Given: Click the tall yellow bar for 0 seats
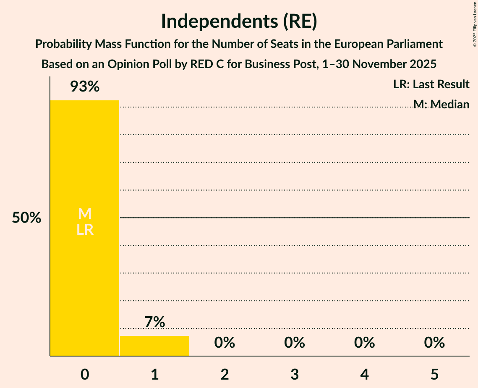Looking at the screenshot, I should (85, 273).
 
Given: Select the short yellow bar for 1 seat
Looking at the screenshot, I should (154, 346).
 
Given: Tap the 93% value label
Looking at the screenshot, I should (85, 87).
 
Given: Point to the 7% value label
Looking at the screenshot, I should (154, 322).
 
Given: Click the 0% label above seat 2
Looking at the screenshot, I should (225, 343).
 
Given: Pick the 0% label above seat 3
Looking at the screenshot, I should (295, 343).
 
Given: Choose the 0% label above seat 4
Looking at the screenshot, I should (364, 343).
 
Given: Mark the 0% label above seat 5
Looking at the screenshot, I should (434, 343).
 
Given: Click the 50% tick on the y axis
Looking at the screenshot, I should (26, 218).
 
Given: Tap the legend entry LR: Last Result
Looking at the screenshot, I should (431, 84).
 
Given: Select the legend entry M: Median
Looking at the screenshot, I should (441, 104).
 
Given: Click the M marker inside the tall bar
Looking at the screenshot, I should (85, 214).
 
